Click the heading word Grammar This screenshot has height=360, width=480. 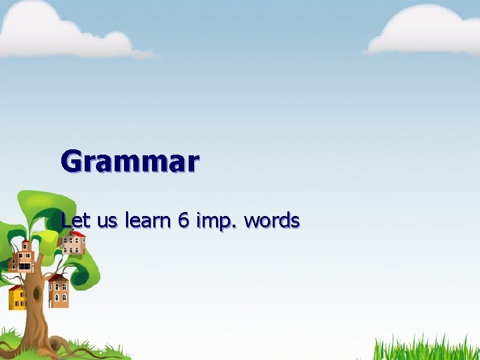(x=130, y=161)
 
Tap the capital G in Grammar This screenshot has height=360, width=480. (x=73, y=161)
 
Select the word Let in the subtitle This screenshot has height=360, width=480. (x=74, y=221)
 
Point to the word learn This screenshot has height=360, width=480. (x=148, y=221)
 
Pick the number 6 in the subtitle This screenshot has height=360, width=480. (x=183, y=221)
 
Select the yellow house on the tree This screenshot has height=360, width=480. (x=17, y=298)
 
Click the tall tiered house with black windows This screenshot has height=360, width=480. (x=25, y=256)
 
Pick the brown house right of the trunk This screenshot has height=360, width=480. (x=58, y=291)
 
